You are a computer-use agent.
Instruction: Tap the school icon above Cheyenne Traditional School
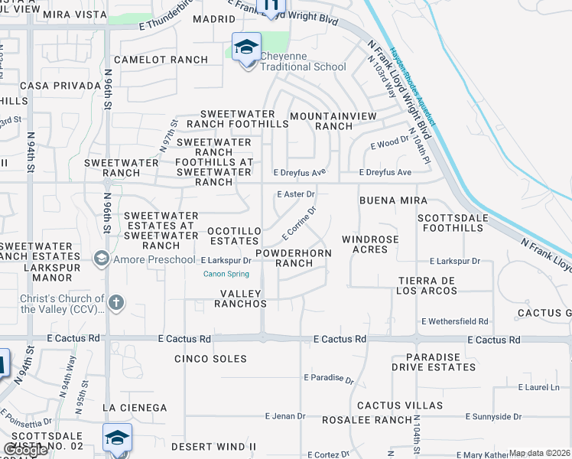247,47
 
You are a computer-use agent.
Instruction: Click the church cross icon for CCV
115,302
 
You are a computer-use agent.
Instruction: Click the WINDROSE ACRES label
370,245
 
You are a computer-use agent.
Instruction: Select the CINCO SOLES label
210,359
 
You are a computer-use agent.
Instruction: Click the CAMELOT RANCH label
161,60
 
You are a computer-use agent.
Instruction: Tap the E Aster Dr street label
296,194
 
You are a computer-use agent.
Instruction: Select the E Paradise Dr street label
329,378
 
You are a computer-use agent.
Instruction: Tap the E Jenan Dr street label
285,416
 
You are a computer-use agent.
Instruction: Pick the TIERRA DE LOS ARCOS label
427,285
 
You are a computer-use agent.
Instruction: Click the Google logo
25,450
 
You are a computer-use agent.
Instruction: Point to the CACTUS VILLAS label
399,405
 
